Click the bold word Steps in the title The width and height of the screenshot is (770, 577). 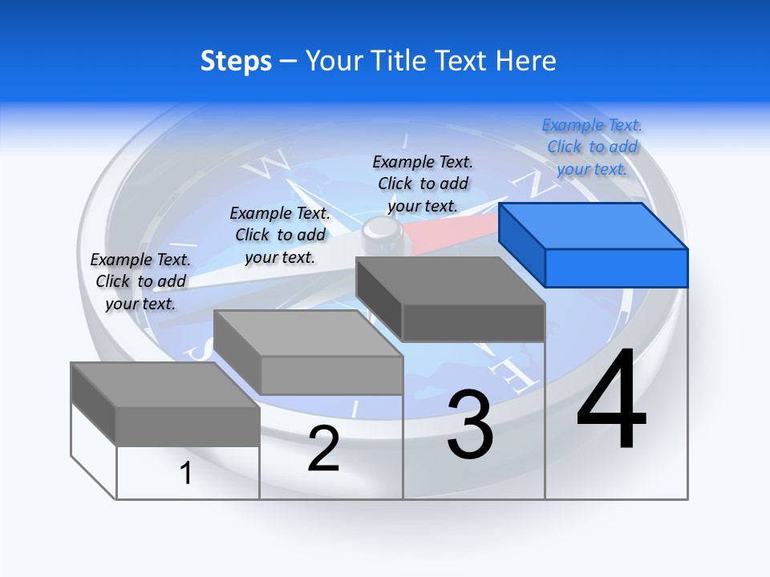pos(236,61)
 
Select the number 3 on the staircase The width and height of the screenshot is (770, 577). pos(470,425)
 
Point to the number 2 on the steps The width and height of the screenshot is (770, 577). pos(323,449)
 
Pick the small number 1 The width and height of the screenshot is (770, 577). pos(186,473)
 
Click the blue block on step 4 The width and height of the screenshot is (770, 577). pos(594,244)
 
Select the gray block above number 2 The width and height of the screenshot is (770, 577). pos(309,353)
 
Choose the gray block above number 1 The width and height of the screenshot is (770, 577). pos(165,404)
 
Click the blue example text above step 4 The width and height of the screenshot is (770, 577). pos(592,147)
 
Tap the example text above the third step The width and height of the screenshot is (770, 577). pos(423,184)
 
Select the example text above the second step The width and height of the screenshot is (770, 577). pos(280,235)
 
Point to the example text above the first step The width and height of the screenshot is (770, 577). pos(140,281)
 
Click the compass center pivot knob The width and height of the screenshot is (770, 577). pos(381,233)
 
